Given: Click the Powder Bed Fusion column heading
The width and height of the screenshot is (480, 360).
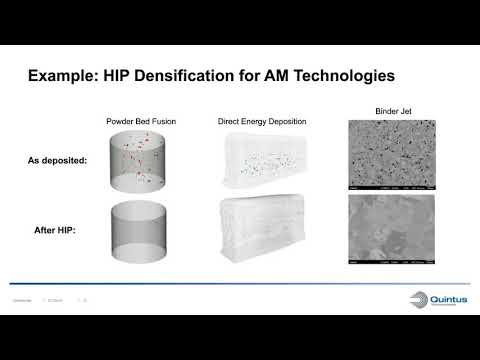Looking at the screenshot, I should click(140, 121).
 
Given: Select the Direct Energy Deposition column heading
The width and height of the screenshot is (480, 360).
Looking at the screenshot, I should click(262, 121).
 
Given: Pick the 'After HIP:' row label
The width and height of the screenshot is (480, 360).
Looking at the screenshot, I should click(57, 231).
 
